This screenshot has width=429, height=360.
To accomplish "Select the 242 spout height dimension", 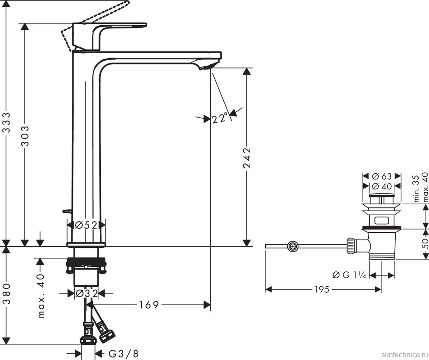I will (x=247, y=157).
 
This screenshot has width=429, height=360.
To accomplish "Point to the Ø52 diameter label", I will (x=86, y=225).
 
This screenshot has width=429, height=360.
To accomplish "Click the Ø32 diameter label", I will (x=86, y=293).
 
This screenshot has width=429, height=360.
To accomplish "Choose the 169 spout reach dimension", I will (x=149, y=305).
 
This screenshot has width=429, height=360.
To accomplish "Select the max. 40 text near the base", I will (x=41, y=295).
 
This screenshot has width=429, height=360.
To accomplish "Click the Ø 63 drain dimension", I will (x=382, y=176).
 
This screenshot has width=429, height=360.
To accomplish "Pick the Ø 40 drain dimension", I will (x=382, y=185).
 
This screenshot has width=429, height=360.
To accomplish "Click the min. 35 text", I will (x=416, y=188).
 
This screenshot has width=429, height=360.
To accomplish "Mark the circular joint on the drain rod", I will (x=293, y=246).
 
